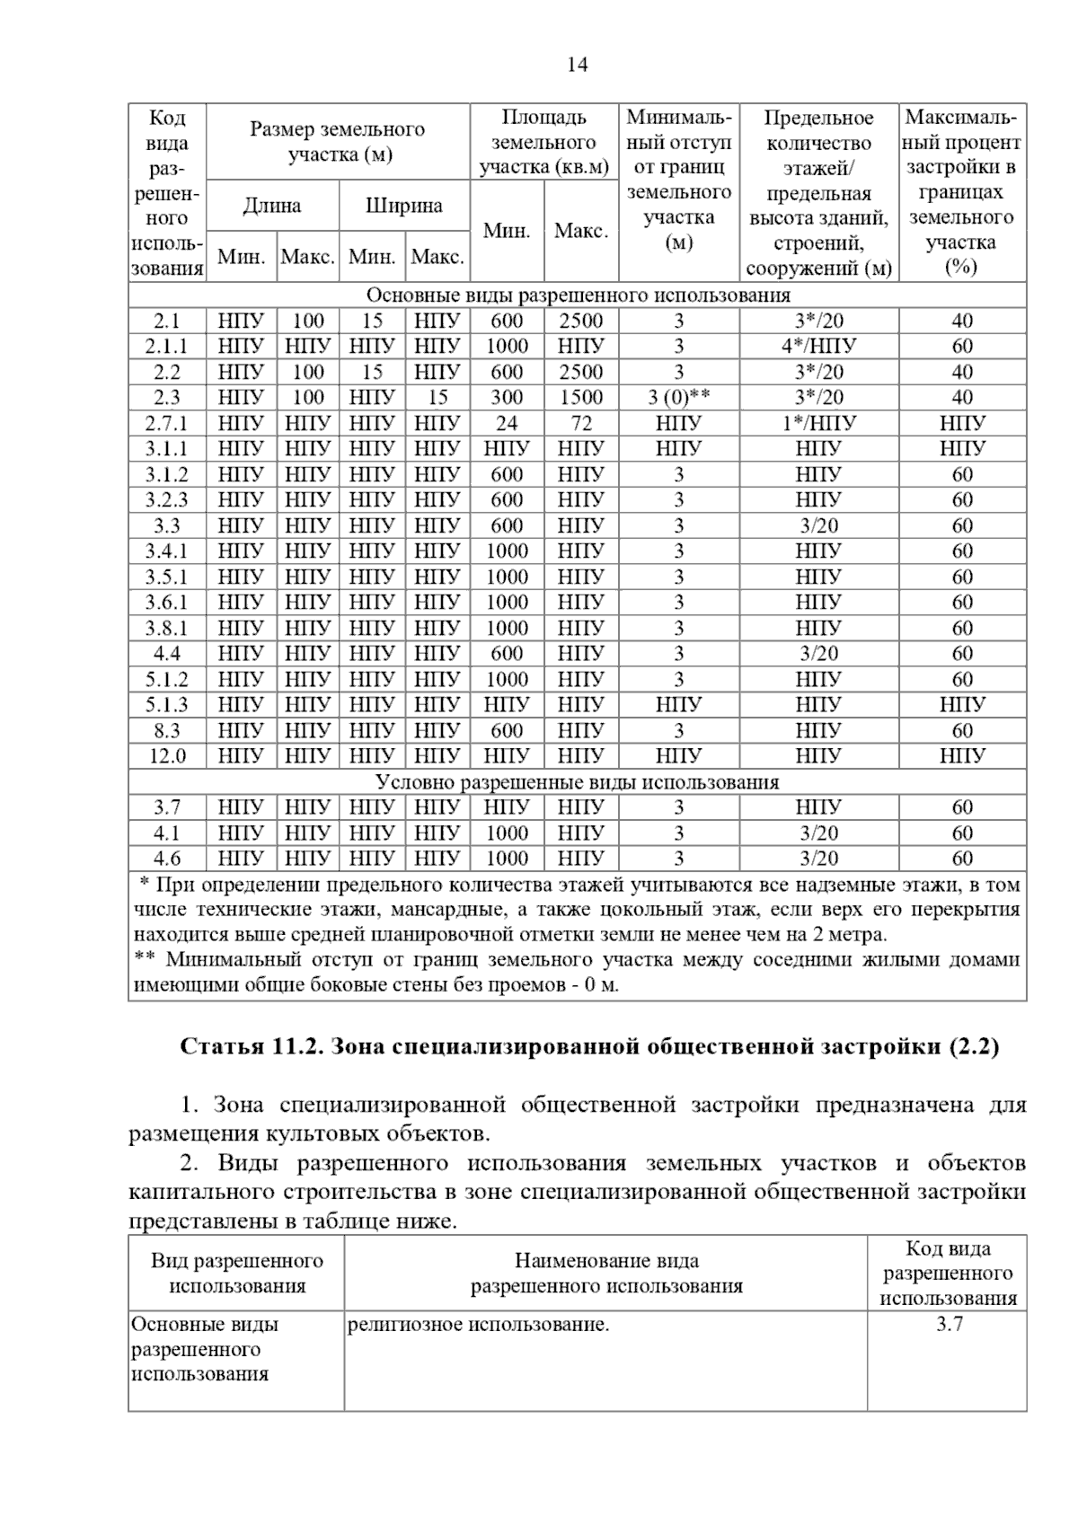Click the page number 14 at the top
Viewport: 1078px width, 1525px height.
click(578, 65)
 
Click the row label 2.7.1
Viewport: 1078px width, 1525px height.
click(167, 423)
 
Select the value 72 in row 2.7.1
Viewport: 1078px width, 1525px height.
click(581, 423)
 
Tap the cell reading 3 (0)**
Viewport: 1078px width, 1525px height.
click(678, 397)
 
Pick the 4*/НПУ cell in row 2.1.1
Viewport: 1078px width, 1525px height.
click(818, 346)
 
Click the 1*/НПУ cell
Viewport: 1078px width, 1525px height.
click(818, 423)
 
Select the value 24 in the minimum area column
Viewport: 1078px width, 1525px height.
click(507, 423)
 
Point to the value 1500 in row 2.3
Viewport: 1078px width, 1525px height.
click(581, 397)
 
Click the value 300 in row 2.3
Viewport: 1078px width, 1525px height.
click(507, 397)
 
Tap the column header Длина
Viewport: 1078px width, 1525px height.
click(272, 206)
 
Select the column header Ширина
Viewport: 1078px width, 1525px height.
click(403, 206)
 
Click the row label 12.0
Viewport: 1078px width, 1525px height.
click(167, 756)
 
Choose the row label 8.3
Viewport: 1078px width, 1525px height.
click(167, 730)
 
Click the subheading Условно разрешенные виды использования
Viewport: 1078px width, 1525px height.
click(577, 781)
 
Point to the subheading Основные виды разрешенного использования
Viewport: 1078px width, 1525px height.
click(578, 295)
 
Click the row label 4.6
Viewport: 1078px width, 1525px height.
click(167, 858)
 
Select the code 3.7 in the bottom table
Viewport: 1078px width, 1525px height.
click(949, 1324)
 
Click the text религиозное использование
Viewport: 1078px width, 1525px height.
click(478, 1324)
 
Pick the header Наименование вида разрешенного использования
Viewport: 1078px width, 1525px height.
click(606, 1274)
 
